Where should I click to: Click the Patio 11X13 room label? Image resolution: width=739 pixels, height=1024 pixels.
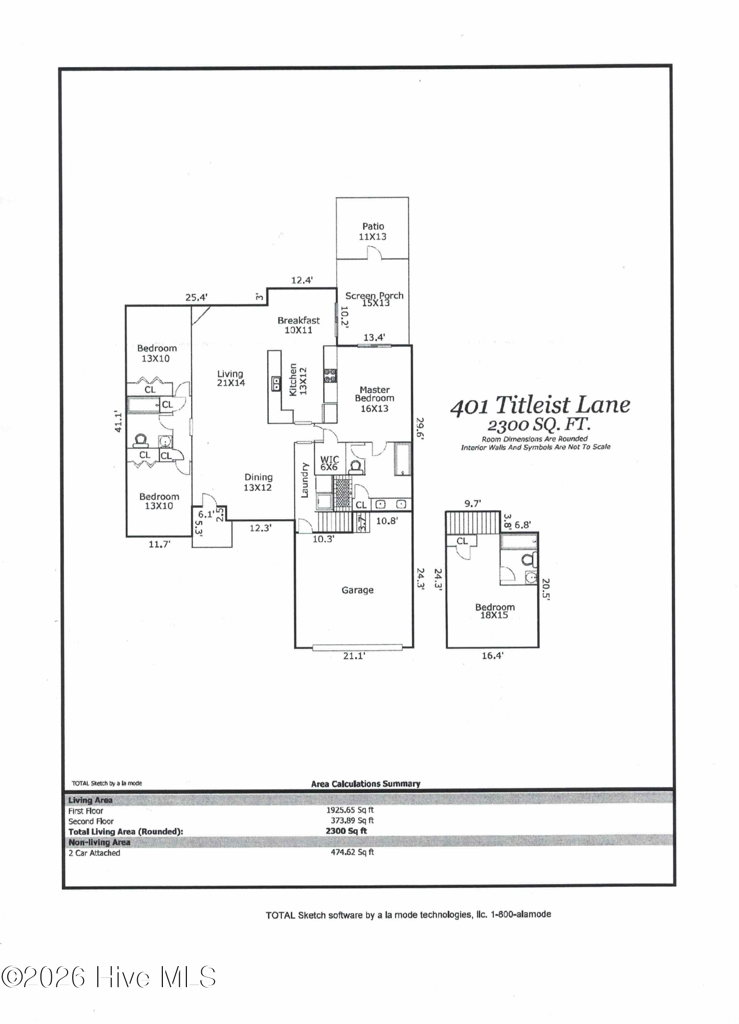[373, 231]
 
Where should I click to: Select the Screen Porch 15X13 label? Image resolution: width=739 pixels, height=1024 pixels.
[374, 299]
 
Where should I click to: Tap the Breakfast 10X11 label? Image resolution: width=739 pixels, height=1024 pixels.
[299, 325]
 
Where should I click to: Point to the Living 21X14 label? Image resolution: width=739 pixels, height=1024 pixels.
[230, 378]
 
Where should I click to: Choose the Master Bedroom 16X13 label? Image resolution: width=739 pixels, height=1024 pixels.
[374, 399]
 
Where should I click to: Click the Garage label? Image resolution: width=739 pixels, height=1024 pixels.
[357, 590]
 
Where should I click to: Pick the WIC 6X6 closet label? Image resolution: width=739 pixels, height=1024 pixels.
[329, 463]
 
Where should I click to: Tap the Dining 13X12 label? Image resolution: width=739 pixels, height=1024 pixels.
[258, 482]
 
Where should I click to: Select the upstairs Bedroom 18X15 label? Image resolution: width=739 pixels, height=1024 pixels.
[495, 611]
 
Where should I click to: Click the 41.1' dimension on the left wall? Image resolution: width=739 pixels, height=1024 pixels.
[118, 421]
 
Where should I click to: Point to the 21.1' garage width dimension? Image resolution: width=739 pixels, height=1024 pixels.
[354, 656]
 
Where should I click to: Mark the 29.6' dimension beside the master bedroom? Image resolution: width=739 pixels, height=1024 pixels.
[419, 429]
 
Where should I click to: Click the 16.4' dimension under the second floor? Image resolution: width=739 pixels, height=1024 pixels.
[492, 655]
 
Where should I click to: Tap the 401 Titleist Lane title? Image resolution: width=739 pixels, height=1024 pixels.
[540, 406]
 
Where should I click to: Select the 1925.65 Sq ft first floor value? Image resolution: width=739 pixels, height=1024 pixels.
[350, 810]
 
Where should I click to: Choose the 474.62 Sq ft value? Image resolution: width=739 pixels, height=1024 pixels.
[352, 852]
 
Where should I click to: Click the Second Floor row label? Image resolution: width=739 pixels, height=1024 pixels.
[91, 821]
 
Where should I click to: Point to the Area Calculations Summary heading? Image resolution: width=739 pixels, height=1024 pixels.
[365, 784]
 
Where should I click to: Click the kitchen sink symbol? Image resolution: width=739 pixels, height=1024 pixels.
[276, 382]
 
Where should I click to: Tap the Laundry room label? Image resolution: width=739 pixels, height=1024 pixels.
[304, 480]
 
